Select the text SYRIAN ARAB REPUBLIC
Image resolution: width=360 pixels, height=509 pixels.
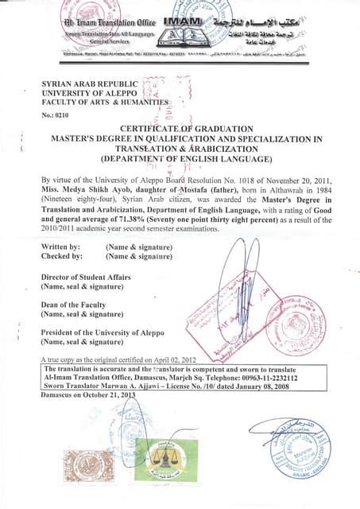click(x=89, y=84)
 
